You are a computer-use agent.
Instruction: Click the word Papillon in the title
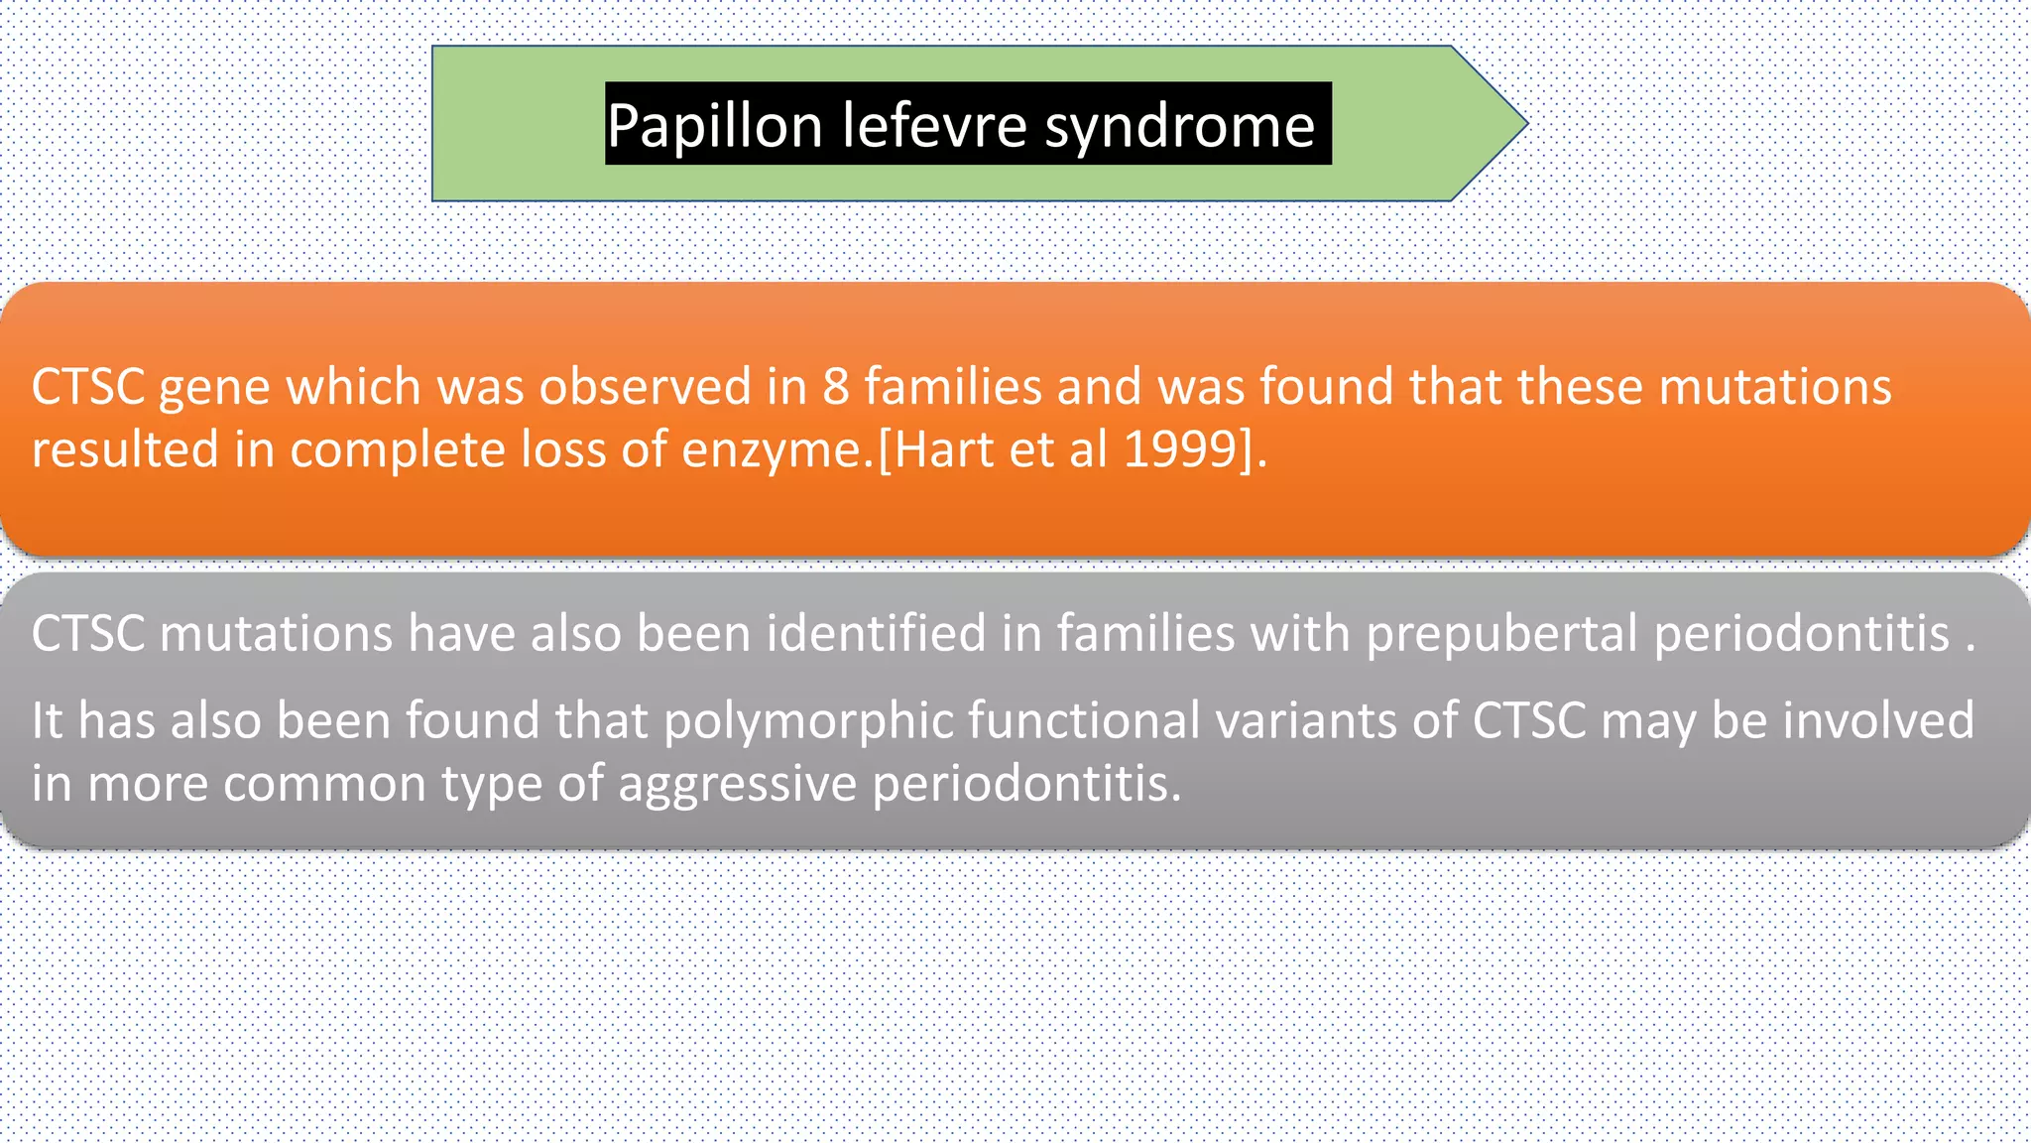point(714,126)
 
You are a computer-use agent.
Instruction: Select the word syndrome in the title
point(1179,126)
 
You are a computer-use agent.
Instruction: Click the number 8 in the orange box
point(835,386)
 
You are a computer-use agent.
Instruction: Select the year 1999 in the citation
point(1180,449)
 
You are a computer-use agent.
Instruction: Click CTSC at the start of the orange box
point(88,386)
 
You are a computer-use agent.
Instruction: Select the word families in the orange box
point(952,386)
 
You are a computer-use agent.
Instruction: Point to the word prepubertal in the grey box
point(1501,634)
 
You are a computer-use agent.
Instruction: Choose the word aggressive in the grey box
point(737,785)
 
